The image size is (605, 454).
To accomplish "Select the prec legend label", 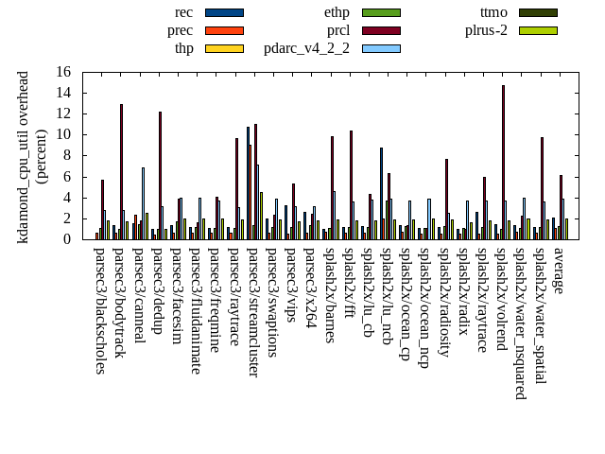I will [x=180, y=30].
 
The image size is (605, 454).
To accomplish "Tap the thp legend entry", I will [x=184, y=48].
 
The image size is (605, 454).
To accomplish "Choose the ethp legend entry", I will [x=337, y=12].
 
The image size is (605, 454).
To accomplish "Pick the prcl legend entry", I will [x=338, y=30].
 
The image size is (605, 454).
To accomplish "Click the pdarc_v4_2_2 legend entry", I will [x=306, y=48].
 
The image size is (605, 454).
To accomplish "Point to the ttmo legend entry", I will [x=493, y=12].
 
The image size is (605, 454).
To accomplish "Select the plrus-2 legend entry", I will [x=486, y=30].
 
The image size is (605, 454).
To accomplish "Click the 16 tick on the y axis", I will [x=63, y=72].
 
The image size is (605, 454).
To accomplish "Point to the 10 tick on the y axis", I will [x=63, y=134].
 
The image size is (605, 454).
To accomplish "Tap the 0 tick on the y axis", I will [x=67, y=239].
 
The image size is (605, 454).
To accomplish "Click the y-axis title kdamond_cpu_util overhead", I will [x=25, y=156].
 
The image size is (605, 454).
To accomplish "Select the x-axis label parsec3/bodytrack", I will [x=119, y=303].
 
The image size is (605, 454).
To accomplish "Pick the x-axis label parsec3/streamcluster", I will [x=253, y=312].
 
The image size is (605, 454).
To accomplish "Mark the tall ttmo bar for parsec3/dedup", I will [x=160, y=176].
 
